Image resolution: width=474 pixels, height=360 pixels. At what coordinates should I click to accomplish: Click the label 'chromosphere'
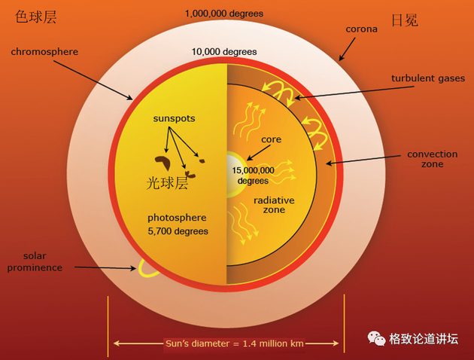(x=44, y=52)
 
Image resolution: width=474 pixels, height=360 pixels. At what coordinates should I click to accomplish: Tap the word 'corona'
(x=362, y=29)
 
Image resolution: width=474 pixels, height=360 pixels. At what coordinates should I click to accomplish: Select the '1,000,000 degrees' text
(x=224, y=14)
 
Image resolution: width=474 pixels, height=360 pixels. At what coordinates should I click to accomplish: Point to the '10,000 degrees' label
(x=224, y=52)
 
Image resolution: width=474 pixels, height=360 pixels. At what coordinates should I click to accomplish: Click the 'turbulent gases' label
(x=428, y=78)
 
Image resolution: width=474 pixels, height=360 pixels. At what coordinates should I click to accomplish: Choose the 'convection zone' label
(x=433, y=159)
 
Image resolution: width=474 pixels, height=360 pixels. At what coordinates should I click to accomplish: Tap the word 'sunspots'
(x=174, y=118)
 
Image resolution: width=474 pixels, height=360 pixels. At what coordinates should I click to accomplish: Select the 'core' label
(x=271, y=139)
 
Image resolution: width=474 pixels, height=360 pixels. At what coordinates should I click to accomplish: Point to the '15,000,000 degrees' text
(x=253, y=175)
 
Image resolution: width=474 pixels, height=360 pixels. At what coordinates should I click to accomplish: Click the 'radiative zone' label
(x=274, y=205)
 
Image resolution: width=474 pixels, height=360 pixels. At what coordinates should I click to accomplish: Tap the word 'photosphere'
(x=177, y=218)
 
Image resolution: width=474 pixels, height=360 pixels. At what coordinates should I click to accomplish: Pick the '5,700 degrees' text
(x=178, y=231)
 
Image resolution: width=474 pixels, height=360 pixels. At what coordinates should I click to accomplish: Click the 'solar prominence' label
(x=35, y=261)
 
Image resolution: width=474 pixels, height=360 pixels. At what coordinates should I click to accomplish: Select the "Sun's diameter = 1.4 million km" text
(x=234, y=343)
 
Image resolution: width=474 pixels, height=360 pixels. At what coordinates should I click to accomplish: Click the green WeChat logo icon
(x=376, y=338)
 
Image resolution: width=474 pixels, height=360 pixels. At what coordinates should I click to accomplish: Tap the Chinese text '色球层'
(x=35, y=17)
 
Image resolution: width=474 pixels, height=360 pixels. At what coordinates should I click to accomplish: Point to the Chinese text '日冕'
(x=405, y=20)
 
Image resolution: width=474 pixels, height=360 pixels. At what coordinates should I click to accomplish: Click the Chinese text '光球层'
(x=167, y=183)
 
